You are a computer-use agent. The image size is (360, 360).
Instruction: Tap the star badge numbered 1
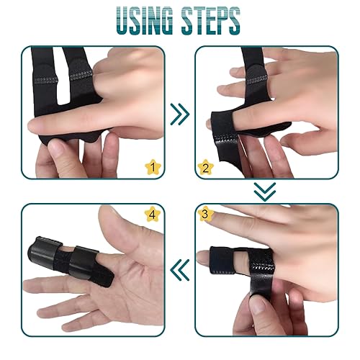pyautogui.click(x=152, y=167)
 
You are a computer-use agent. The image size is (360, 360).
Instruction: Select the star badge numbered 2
pyautogui.click(x=204, y=168)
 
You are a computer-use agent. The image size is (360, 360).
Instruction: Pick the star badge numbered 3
pyautogui.click(x=204, y=214)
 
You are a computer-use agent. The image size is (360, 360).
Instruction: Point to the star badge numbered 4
pyautogui.click(x=152, y=214)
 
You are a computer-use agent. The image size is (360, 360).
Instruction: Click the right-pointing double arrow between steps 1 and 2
pyautogui.click(x=180, y=113)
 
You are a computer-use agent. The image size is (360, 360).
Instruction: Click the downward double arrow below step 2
pyautogui.click(x=266, y=191)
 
